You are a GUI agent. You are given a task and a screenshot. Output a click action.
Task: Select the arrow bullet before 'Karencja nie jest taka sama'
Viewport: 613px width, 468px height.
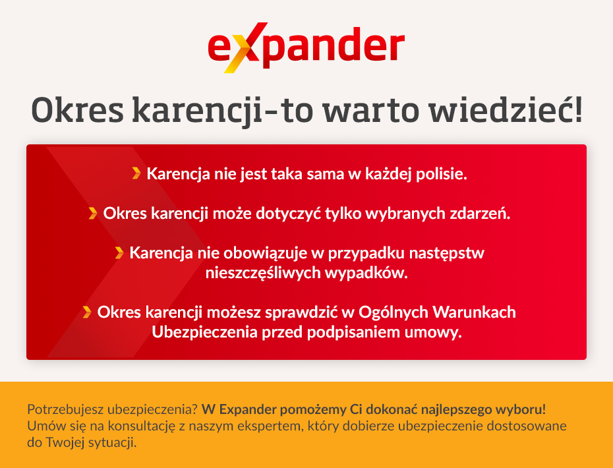[136, 173]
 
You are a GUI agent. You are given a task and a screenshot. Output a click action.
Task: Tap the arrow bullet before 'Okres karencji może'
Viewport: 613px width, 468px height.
[93, 213]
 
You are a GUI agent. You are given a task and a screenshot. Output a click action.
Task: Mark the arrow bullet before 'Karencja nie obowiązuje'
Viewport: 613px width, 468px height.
[119, 252]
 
